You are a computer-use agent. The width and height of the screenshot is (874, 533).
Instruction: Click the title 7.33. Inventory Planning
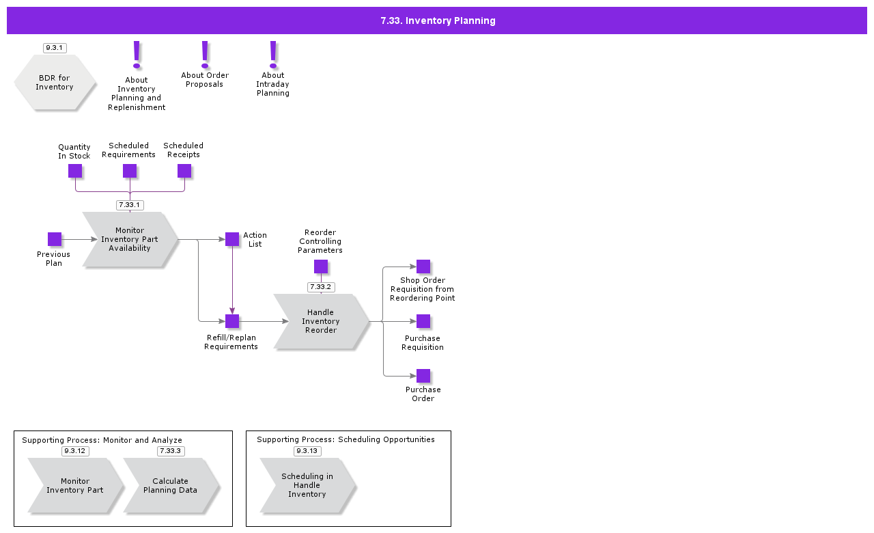(x=437, y=20)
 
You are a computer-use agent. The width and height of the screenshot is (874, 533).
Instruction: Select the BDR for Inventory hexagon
(x=55, y=83)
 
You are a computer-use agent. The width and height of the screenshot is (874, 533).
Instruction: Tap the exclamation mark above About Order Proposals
(x=205, y=55)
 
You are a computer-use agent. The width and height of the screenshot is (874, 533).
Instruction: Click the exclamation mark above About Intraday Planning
(x=273, y=55)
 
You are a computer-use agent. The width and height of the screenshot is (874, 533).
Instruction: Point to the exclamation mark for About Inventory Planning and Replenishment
(x=137, y=55)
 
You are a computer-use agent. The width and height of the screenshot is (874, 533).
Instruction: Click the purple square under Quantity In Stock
(x=75, y=171)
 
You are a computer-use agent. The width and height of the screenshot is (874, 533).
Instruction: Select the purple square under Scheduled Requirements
(x=130, y=171)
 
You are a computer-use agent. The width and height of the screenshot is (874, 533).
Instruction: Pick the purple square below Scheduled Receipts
(x=184, y=171)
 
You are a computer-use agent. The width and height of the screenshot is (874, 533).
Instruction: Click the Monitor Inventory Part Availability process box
(x=130, y=239)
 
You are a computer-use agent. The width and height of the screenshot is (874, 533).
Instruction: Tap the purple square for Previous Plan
(x=55, y=239)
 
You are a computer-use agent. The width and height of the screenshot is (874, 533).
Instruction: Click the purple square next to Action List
(x=232, y=239)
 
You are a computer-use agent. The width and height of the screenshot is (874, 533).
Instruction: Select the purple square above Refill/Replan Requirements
(x=232, y=321)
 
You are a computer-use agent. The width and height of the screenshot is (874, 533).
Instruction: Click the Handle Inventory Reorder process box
(x=321, y=321)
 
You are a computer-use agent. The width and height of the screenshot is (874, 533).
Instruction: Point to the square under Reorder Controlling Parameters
(x=321, y=266)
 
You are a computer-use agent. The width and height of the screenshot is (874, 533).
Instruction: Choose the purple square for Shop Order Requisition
(x=423, y=266)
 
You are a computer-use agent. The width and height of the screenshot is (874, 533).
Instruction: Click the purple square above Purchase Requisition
(x=423, y=321)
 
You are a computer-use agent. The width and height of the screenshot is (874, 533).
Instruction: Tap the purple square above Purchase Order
(x=423, y=376)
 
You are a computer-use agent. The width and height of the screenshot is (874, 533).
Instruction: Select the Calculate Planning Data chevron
(x=171, y=485)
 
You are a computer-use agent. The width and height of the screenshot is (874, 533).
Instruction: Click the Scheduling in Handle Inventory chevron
(x=307, y=485)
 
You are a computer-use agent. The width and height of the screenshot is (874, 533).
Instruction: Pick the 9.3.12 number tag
(x=75, y=451)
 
